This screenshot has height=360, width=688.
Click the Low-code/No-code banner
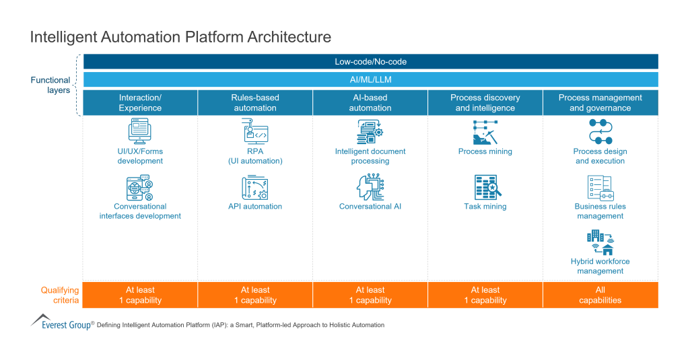tap(370, 62)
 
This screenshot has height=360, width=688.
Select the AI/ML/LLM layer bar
tap(370, 79)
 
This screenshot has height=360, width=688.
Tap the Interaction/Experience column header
tap(140, 103)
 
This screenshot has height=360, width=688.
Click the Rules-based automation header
tap(255, 103)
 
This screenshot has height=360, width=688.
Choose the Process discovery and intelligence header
tap(485, 103)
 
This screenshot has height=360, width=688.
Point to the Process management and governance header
tap(600, 103)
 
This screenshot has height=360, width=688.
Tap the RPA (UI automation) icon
tap(255, 131)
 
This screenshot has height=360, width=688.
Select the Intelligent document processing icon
tap(370, 131)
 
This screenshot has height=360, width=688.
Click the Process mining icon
tap(485, 132)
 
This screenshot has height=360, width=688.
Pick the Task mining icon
tap(485, 186)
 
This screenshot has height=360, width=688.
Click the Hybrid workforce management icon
tap(600, 242)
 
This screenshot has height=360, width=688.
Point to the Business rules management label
tap(600, 211)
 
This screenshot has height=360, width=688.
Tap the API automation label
tap(255, 207)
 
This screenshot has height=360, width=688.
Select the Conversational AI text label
tap(370, 207)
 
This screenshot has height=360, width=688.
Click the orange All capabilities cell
tap(600, 295)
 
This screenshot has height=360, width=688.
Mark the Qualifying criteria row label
tap(59, 295)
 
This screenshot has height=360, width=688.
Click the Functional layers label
tap(50, 85)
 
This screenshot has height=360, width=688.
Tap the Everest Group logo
tap(61, 322)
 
